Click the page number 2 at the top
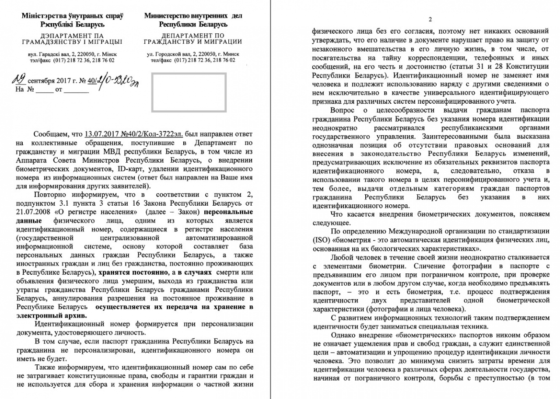coord(430,20)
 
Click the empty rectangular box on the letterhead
coord(189,92)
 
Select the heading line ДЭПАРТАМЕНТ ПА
coord(72,35)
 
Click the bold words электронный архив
coord(51,315)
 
